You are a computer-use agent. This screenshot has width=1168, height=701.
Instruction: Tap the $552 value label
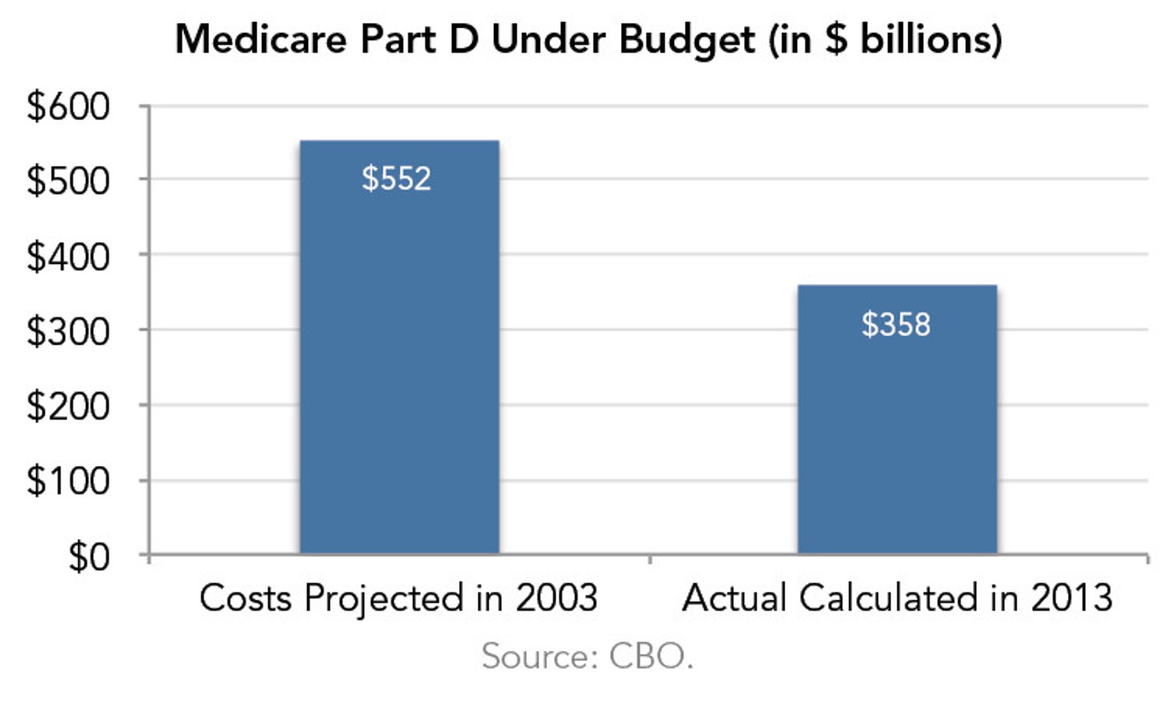pyautogui.click(x=396, y=178)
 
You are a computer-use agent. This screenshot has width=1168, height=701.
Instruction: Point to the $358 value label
pyautogui.click(x=896, y=324)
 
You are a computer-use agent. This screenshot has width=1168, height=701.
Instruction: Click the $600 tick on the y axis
pyautogui.click(x=68, y=106)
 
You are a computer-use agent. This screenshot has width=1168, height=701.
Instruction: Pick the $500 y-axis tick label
pyautogui.click(x=68, y=181)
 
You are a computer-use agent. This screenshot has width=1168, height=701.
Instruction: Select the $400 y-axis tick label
pyautogui.click(x=68, y=256)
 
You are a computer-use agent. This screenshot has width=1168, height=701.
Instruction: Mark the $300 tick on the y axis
pyautogui.click(x=68, y=331)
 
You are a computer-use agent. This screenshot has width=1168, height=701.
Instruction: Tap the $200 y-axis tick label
pyautogui.click(x=68, y=406)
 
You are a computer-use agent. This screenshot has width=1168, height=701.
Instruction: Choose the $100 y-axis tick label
pyautogui.click(x=68, y=480)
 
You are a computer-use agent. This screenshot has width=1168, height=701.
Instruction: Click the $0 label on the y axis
pyautogui.click(x=88, y=557)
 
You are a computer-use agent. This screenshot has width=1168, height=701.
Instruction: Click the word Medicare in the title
pyautogui.click(x=260, y=39)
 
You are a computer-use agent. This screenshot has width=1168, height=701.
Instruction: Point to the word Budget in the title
pyautogui.click(x=687, y=40)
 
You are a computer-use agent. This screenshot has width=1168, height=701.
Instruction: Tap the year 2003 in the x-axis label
pyautogui.click(x=556, y=598)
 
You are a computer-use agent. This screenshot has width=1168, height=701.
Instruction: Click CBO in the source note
pyautogui.click(x=650, y=656)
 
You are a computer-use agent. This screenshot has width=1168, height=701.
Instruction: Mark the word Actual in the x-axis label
pyautogui.click(x=735, y=598)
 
